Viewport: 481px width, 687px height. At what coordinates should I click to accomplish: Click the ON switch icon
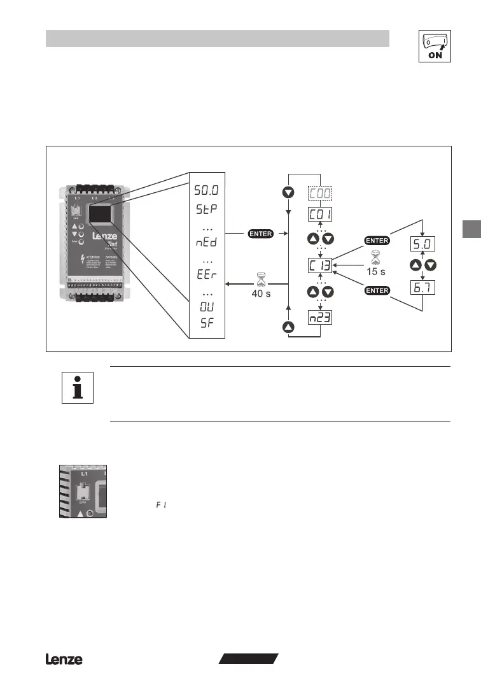(x=435, y=46)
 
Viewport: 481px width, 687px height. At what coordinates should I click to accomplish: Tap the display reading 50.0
(x=207, y=190)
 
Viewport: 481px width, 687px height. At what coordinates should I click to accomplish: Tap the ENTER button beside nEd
(x=260, y=234)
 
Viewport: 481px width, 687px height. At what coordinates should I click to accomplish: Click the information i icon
(x=78, y=388)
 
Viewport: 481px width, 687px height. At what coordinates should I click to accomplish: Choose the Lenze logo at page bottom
(x=64, y=660)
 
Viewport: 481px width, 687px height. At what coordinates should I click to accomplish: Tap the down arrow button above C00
(x=289, y=192)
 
